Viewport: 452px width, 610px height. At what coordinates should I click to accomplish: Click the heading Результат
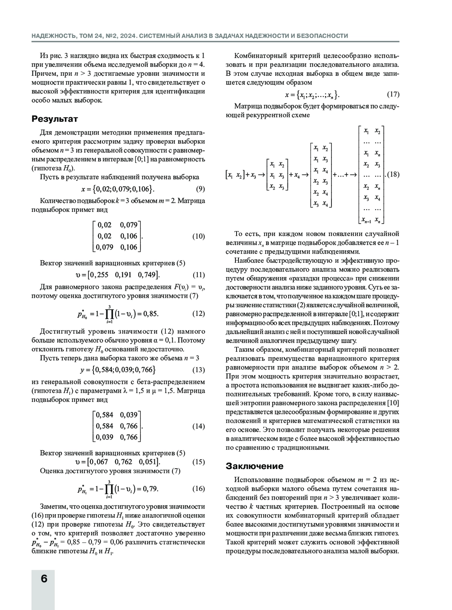pos(55,119)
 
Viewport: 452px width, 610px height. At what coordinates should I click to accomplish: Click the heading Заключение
pos(255,466)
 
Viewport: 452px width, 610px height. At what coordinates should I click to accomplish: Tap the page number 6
pos(44,578)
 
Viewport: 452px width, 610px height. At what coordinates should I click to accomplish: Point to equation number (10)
pos(199,236)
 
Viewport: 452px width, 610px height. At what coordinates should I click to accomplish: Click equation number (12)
pos(199,313)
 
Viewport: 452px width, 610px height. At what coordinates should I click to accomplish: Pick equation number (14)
pos(199,426)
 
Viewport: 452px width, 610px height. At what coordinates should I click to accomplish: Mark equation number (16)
pos(199,489)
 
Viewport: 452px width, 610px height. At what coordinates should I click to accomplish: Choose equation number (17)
pos(393,94)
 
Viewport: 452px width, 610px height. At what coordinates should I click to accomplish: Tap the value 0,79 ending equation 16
pos(150,489)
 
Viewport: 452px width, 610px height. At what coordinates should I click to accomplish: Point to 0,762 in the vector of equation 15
pos(124,462)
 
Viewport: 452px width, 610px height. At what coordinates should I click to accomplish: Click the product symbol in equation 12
pos(109,314)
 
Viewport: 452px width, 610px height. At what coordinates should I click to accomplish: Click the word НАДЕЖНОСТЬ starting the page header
pos(53,36)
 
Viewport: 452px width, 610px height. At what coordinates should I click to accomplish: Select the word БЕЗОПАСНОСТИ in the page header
pos(323,36)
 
